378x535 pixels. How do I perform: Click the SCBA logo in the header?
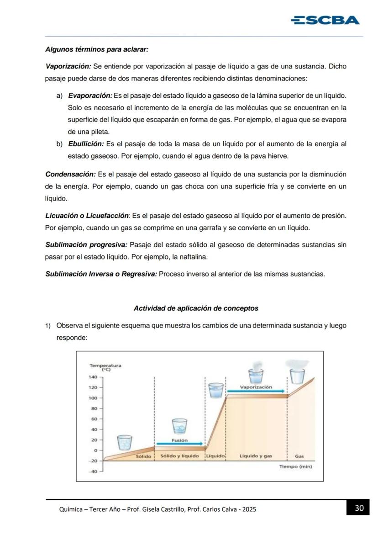(325, 20)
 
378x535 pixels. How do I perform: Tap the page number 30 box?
(359, 508)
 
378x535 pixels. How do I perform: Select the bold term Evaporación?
(90, 95)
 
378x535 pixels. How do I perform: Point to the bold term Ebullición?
(86, 144)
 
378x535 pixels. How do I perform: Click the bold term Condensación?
(71, 175)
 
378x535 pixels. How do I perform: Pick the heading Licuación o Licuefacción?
(87, 215)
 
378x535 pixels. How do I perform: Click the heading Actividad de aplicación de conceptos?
(196, 308)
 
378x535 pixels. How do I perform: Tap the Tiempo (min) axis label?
(295, 466)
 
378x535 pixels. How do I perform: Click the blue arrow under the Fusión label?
(179, 444)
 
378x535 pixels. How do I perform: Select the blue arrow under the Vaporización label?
(256, 391)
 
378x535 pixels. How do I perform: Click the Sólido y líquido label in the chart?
(179, 456)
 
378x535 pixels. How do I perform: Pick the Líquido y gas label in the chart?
(256, 456)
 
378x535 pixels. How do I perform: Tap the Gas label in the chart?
(299, 456)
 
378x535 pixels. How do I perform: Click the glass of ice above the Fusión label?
(179, 426)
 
